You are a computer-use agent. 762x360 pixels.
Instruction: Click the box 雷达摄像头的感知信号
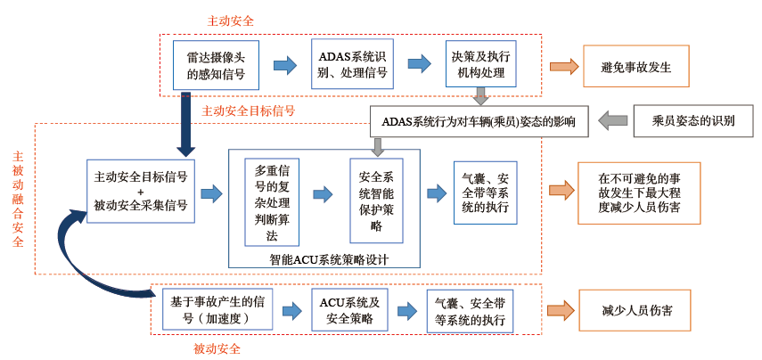pyautogui.click(x=216, y=65)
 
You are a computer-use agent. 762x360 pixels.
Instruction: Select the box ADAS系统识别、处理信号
pyautogui.click(x=352, y=64)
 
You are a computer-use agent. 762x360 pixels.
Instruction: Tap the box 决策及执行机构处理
pyautogui.click(x=480, y=63)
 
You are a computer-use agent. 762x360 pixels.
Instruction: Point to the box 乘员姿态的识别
pyautogui.click(x=686, y=121)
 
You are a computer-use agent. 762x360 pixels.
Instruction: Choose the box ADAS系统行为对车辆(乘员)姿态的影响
pyautogui.click(x=479, y=121)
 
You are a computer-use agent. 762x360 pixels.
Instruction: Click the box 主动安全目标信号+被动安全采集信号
pyautogui.click(x=141, y=191)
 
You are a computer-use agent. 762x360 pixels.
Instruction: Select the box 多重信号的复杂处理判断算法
pyautogui.click(x=272, y=202)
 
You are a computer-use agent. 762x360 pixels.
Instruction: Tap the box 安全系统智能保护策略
pyautogui.click(x=376, y=200)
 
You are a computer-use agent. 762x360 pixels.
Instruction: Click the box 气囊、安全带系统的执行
pyautogui.click(x=485, y=192)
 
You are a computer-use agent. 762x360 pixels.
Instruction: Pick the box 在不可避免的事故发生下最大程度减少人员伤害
pyautogui.click(x=639, y=192)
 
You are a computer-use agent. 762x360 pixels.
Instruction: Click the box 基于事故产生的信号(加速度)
pyautogui.click(x=217, y=309)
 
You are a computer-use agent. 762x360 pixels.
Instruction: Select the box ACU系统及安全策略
pyautogui.click(x=349, y=309)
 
